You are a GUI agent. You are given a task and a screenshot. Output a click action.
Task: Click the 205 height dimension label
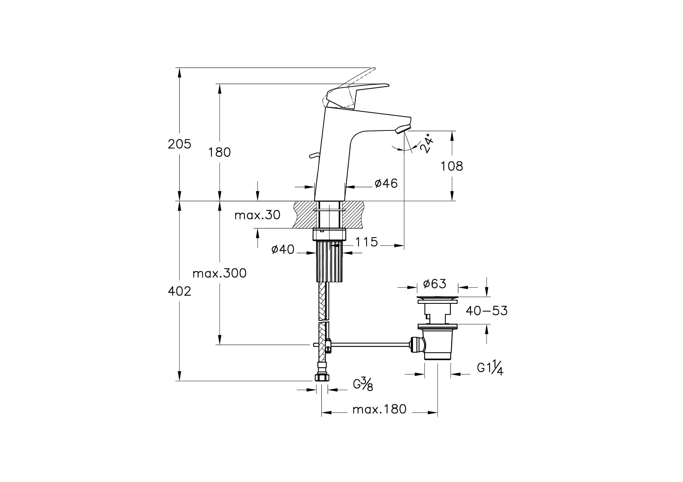click(x=179, y=144)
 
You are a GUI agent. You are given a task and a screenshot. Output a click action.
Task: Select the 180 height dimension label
click(x=219, y=153)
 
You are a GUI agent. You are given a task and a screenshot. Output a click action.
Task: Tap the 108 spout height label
click(x=452, y=166)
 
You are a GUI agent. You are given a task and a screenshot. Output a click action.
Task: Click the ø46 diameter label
click(x=386, y=183)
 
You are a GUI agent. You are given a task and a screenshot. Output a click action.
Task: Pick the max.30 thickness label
click(x=257, y=215)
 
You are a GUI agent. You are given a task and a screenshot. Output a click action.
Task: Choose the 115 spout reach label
click(x=366, y=242)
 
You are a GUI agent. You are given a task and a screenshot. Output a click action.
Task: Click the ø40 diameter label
click(x=283, y=249)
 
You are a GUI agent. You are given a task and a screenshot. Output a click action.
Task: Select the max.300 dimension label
click(x=220, y=273)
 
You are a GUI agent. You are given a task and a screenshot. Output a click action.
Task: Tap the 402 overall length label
click(x=179, y=291)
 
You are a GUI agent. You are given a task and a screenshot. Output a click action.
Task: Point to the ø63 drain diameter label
click(x=434, y=284)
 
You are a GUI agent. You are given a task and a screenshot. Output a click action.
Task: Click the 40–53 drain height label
click(x=486, y=311)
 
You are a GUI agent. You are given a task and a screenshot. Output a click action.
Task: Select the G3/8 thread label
click(x=363, y=385)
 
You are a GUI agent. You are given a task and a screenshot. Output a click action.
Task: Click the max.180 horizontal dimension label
click(x=379, y=410)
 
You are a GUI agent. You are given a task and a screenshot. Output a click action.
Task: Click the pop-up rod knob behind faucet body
click(x=312, y=155)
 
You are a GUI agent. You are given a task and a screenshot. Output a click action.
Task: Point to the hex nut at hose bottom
click(x=322, y=378)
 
